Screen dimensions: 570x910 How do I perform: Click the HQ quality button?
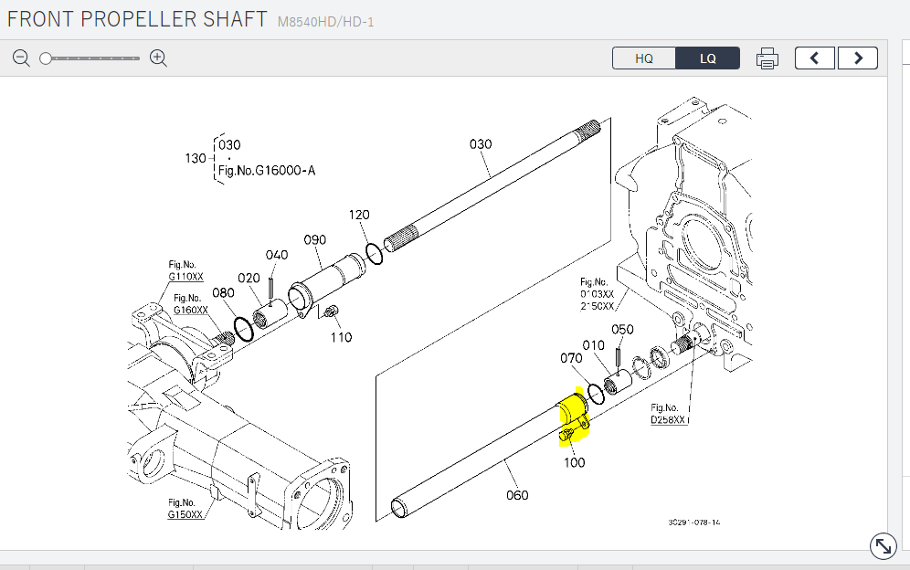click(644, 58)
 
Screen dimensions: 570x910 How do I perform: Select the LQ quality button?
click(708, 58)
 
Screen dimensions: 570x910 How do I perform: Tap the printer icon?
click(767, 58)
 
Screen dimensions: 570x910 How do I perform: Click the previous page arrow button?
click(815, 58)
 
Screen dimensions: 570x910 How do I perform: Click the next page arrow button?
click(858, 58)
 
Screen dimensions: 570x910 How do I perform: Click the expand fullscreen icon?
click(883, 546)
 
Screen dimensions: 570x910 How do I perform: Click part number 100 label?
click(574, 462)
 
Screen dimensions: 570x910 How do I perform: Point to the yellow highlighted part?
click(573, 416)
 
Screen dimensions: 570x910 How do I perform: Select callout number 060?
click(517, 495)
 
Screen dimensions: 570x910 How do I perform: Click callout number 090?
click(314, 240)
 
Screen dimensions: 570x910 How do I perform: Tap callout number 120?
click(359, 215)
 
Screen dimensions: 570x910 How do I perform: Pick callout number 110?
click(341, 337)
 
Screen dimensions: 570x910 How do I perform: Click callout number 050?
click(622, 330)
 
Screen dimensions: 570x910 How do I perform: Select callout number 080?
click(223, 293)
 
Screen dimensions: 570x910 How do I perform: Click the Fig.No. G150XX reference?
click(183, 509)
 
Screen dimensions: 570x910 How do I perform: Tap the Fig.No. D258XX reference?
click(668, 414)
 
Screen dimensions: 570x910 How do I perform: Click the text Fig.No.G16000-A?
click(267, 170)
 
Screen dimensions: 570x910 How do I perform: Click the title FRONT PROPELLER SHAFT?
click(138, 19)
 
